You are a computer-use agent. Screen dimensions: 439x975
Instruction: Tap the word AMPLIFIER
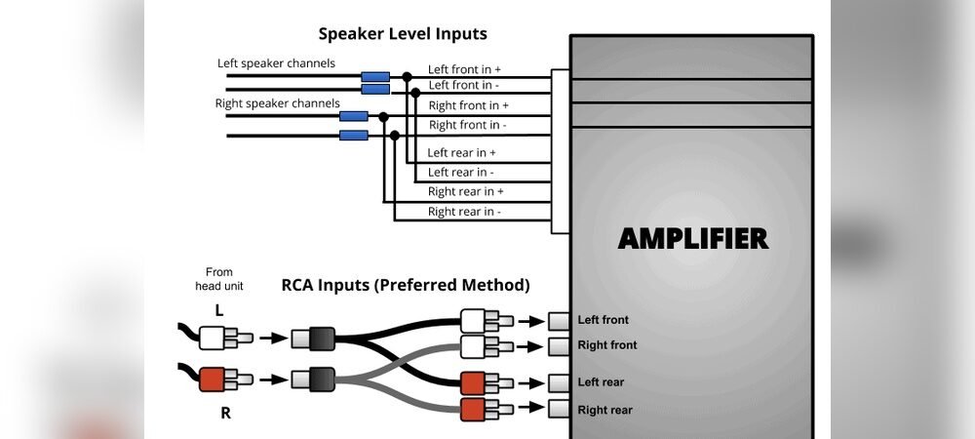693,239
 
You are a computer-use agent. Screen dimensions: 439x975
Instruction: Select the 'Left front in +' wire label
465,70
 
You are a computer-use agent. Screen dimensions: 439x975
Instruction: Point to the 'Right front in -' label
468,125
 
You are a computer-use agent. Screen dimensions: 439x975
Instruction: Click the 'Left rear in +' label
462,153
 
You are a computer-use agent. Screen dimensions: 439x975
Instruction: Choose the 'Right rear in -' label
464,212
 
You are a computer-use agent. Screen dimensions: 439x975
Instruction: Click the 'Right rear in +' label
466,192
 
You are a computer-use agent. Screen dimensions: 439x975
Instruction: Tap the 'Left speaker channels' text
276,63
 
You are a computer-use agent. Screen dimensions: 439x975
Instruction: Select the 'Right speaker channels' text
277,102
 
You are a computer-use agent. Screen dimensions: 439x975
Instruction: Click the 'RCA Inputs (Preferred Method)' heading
406,286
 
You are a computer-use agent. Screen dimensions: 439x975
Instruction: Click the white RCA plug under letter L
219,339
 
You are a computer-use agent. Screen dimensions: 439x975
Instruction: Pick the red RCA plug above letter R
219,378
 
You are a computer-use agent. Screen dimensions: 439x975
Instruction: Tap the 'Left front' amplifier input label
603,320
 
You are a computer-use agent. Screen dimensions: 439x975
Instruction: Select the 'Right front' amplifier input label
606,345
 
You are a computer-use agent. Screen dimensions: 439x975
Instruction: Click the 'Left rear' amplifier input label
601,382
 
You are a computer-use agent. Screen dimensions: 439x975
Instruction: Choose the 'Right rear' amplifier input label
604,410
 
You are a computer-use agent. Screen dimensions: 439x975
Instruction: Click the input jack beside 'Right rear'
559,409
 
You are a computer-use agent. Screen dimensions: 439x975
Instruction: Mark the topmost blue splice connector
375,76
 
